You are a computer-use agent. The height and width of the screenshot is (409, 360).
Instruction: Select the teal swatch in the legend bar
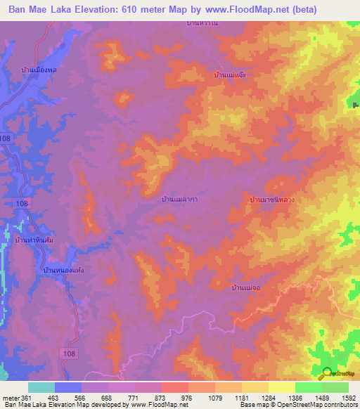(x=41, y=387)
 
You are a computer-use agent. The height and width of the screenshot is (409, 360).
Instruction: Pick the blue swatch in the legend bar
(x=68, y=387)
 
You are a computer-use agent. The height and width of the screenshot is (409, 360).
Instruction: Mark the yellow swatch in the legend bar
(x=281, y=387)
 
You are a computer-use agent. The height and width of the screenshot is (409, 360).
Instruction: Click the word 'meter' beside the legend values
(x=9, y=397)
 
